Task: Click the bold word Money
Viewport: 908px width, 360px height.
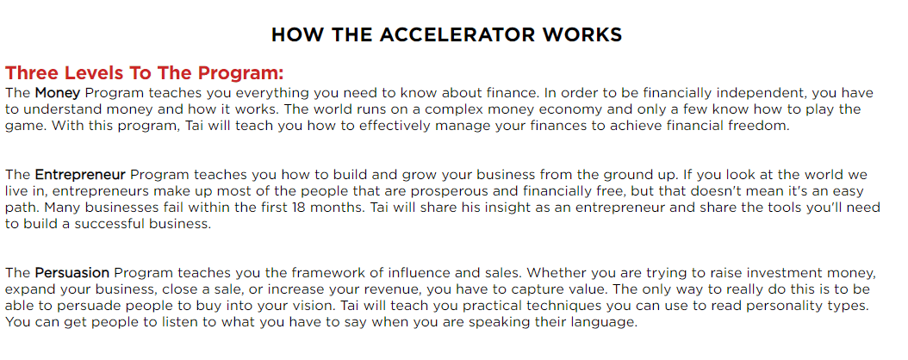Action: tap(58, 93)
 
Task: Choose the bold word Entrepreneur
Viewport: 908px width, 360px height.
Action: tap(80, 175)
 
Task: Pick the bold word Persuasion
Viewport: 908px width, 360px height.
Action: tap(72, 273)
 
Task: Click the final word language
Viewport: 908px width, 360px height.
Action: tap(606, 322)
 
